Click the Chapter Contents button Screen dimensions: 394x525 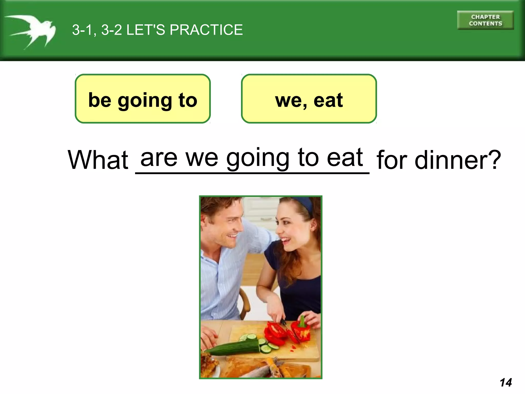click(485, 20)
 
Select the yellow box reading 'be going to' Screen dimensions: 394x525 click(143, 99)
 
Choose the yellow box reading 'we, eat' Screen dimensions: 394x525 click(309, 99)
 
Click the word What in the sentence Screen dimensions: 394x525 click(98, 160)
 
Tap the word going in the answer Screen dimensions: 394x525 click(258, 158)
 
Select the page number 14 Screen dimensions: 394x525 click(506, 382)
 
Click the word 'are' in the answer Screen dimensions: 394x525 click(159, 157)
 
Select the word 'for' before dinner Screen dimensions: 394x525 click(392, 160)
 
